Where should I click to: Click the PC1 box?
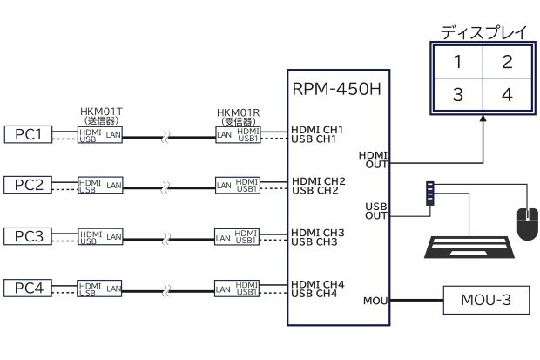29,134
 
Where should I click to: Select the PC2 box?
29,184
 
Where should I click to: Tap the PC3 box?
29,235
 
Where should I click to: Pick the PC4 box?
29,287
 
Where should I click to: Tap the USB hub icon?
430,193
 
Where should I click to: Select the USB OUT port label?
376,211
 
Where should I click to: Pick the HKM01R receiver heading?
238,113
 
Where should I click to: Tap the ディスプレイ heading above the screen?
483,33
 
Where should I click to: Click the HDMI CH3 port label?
319,233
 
